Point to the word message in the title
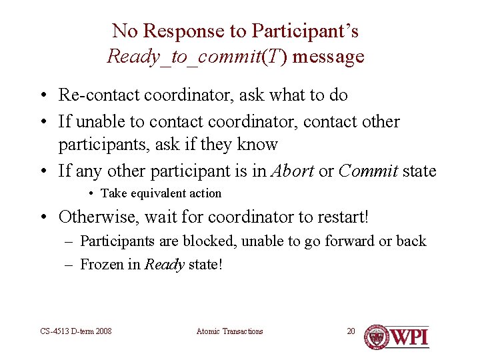(x=328, y=56)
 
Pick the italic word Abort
(x=292, y=171)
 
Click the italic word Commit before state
(x=369, y=171)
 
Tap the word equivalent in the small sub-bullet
(x=157, y=193)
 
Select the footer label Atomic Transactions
(x=229, y=331)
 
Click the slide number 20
(x=351, y=331)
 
